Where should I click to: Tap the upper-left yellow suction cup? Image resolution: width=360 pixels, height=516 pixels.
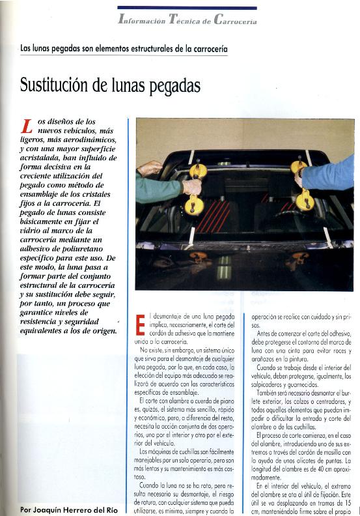coord(199,171)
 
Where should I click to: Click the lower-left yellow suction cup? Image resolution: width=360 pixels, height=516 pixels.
coord(194,207)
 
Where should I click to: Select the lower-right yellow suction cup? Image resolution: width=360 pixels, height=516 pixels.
coord(305,201)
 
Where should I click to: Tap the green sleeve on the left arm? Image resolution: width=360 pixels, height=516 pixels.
coord(158,189)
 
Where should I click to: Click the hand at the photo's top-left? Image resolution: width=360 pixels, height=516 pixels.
coord(149,168)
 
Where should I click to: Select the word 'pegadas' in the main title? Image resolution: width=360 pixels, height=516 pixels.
coord(171,86)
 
